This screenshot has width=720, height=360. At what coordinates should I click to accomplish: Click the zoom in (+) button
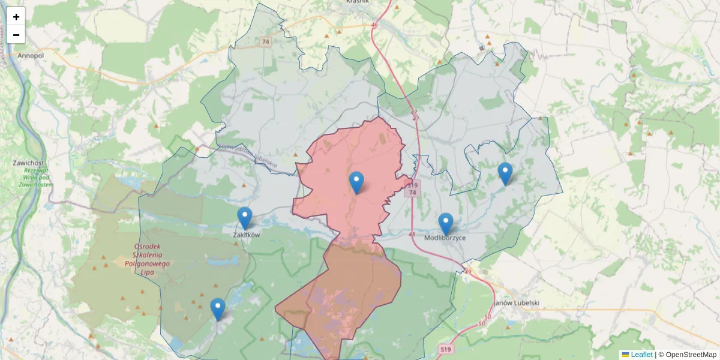[16, 17]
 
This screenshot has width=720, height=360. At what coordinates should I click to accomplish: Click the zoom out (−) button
[16, 35]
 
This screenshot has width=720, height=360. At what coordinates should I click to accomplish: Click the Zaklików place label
[246, 235]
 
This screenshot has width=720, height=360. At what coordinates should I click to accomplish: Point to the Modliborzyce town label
[445, 238]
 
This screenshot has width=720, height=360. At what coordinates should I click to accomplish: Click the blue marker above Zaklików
[245, 218]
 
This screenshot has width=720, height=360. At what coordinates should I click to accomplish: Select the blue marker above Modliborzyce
[445, 224]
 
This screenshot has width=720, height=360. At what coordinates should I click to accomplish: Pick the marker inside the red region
[356, 182]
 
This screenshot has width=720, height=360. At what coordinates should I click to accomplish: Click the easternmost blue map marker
[505, 173]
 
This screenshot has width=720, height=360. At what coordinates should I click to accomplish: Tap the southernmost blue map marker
[218, 309]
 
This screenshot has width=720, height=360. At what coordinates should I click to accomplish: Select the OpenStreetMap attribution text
[691, 355]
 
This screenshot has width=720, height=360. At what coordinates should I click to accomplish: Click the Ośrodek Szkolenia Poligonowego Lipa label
[147, 259]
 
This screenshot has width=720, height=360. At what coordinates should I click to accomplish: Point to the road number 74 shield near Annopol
[266, 42]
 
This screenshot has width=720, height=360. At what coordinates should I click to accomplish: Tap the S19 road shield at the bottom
[445, 349]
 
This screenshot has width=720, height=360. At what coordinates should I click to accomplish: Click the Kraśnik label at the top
[358, 2]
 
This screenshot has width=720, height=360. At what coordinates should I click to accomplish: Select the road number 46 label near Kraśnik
[375, 25]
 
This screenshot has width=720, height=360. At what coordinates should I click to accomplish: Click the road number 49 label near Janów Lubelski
[468, 272]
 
